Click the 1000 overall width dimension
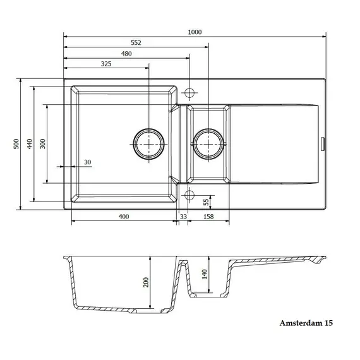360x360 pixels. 195,32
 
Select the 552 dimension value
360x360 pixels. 136,43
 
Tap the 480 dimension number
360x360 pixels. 126,54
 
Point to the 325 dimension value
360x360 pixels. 106,64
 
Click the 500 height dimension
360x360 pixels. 16,144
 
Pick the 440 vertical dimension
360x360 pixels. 30,144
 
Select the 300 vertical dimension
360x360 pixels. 43,144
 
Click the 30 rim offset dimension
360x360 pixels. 88,162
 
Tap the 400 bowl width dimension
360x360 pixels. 124,217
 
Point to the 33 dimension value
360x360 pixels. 183,217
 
